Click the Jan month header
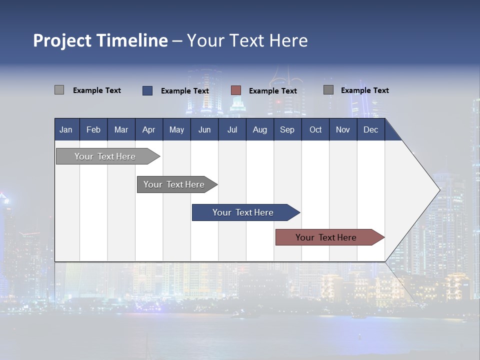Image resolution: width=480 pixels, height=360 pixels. point(66,129)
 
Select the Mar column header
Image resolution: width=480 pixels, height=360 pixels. point(121,129)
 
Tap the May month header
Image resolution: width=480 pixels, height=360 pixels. point(176,129)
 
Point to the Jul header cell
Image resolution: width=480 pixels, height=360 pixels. point(232,129)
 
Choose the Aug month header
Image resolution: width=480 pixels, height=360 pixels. point(259,129)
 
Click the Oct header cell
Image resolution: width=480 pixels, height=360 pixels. point(315,129)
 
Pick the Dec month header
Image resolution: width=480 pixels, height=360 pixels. point(370,129)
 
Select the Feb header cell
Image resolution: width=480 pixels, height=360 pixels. point(93,129)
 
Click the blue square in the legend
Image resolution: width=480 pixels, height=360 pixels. point(147,90)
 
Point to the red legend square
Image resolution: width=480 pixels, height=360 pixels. point(236,90)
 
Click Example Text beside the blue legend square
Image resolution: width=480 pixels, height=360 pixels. point(184,91)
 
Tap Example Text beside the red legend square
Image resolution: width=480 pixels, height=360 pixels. point(272,91)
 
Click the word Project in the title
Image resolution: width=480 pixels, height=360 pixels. point(62,40)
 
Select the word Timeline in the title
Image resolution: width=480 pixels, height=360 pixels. point(131,40)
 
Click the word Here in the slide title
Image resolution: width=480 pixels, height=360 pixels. point(288,40)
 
